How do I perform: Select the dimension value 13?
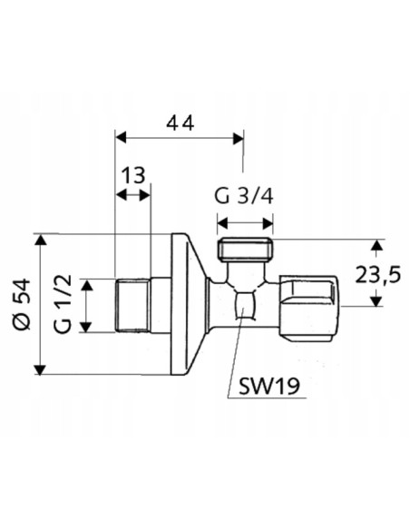(132, 174)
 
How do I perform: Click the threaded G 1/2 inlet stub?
(133, 306)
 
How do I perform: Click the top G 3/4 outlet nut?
(245, 250)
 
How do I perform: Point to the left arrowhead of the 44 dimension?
(121, 138)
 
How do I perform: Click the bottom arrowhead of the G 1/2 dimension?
(87, 328)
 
